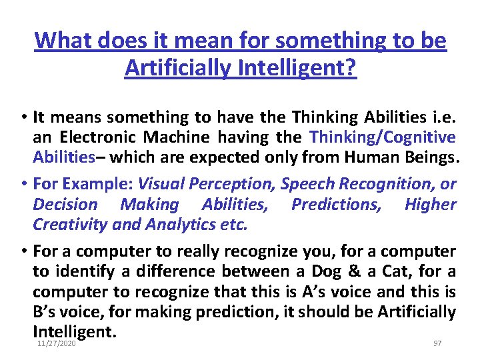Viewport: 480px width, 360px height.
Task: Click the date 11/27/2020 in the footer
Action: (x=57, y=343)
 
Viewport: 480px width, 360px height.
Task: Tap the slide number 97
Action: (x=437, y=343)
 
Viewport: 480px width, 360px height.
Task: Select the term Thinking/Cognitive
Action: (x=383, y=137)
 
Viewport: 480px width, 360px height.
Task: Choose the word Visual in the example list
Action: (x=165, y=183)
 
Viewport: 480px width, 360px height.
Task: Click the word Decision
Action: (x=65, y=204)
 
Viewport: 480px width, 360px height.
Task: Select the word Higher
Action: (x=430, y=204)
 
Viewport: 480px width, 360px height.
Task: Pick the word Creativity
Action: (x=71, y=224)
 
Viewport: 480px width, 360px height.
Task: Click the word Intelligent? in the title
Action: (x=308, y=67)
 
